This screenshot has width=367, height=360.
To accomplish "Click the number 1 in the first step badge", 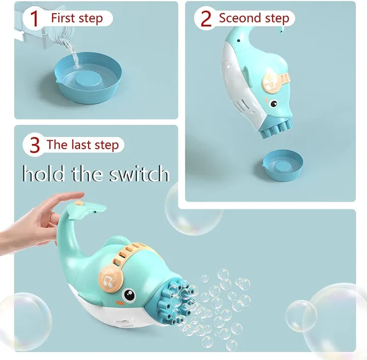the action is [x=34, y=19].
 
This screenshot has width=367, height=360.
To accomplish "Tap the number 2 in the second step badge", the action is [x=206, y=18].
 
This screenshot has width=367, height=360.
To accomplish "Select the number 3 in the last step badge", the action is [x=35, y=145].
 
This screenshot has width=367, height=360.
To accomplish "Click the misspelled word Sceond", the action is [x=240, y=18].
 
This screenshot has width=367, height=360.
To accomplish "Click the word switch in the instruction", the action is [x=139, y=174].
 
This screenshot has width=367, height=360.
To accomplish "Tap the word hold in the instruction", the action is [x=43, y=174].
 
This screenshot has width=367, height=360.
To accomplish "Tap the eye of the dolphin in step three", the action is [x=128, y=295].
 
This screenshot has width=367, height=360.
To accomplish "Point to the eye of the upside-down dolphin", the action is [x=273, y=103].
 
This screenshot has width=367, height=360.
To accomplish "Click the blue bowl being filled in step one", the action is [x=89, y=78].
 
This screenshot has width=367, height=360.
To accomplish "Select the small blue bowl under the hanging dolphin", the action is [x=282, y=165].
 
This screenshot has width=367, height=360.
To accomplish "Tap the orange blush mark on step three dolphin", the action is [x=120, y=303].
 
